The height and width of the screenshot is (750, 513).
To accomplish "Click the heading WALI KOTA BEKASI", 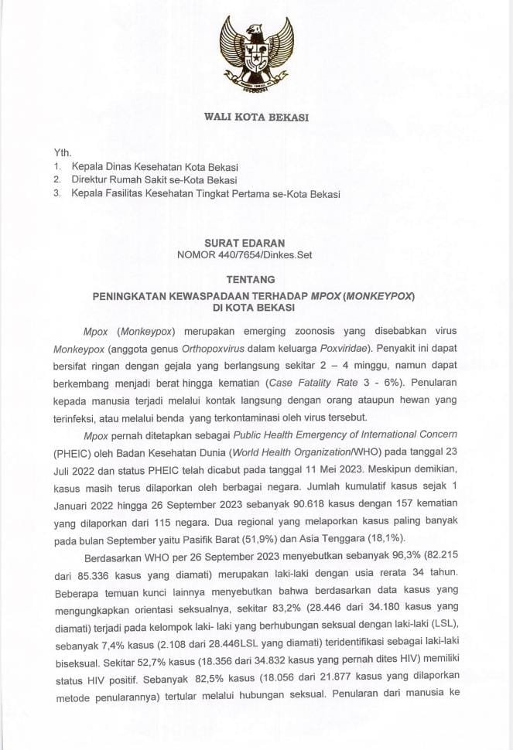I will (256, 117).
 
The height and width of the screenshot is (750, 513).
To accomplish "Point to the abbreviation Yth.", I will (62, 152).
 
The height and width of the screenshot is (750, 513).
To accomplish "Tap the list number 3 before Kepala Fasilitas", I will (56, 194).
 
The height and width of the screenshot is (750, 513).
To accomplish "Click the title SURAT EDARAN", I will (255, 242).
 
